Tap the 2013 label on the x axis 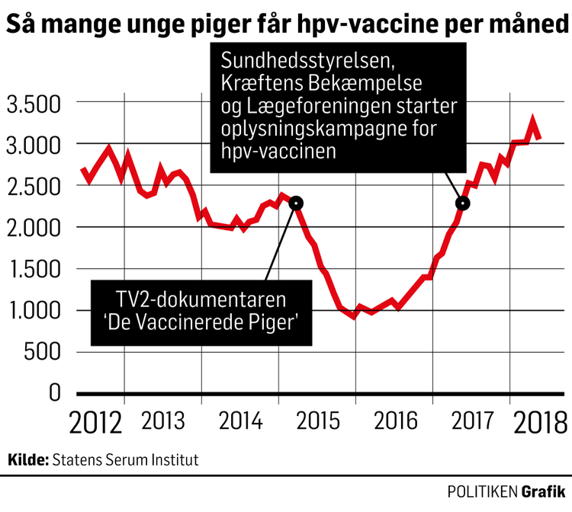(x=162, y=420)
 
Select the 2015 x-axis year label (x=317, y=420)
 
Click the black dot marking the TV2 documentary (x=297, y=203)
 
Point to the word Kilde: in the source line (x=28, y=460)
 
